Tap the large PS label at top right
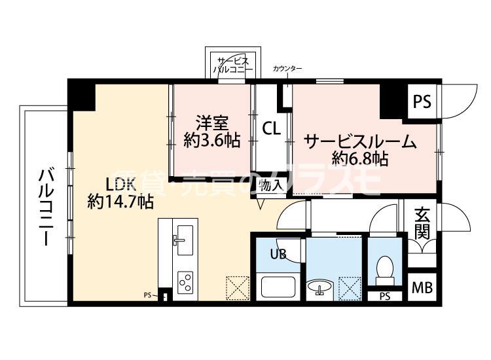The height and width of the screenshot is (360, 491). click(422, 101)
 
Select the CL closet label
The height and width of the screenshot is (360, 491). click(272, 129)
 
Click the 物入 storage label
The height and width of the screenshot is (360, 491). click(270, 185)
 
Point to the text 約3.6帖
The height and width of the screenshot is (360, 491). click(211, 140)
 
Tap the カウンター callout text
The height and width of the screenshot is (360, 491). click(287, 69)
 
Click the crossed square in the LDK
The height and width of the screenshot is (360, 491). click(236, 287)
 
